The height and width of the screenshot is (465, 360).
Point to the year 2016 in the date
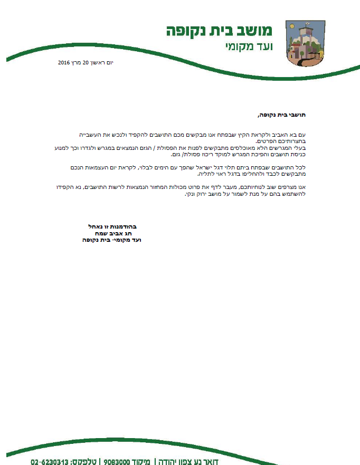[x=64, y=63]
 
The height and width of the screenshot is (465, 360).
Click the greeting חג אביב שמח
[x=116, y=233]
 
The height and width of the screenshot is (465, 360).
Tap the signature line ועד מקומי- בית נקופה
[x=112, y=240]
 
